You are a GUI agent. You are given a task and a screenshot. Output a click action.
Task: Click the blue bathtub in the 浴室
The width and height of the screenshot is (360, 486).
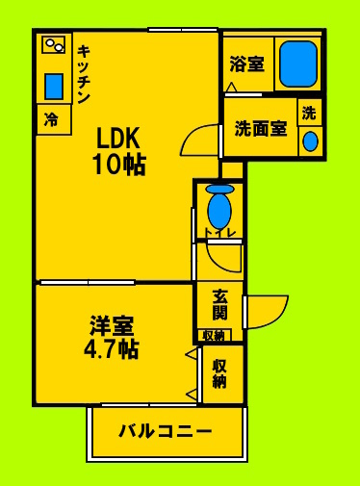point(298,64)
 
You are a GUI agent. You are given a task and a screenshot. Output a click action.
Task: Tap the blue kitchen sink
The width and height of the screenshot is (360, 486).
point(54,87)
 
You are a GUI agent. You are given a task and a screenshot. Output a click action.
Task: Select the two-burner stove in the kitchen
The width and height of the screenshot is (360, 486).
point(54,44)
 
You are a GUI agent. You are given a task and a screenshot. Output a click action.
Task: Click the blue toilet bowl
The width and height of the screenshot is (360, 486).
point(219,207)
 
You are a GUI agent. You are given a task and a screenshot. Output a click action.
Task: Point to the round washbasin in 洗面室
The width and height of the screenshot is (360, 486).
point(310,141)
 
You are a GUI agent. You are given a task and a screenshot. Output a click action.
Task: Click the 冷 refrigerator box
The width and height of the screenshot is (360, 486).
point(54,119)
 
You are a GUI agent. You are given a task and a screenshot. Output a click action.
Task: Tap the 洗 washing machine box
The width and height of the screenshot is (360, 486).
point(309,113)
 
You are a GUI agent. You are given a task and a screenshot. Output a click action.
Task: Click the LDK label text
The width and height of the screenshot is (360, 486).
point(118,138)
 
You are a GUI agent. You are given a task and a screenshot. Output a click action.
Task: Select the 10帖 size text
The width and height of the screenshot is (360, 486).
point(119,165)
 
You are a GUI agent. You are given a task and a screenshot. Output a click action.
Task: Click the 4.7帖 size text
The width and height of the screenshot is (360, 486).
point(112,348)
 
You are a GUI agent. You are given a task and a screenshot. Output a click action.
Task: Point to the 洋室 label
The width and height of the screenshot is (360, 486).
point(112,325)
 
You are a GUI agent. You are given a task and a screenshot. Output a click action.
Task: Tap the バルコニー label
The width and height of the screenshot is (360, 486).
point(166,431)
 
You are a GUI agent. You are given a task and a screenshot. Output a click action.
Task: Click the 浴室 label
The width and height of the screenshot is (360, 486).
point(246,64)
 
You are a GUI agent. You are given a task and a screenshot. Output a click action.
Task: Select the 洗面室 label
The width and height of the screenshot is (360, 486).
point(261,128)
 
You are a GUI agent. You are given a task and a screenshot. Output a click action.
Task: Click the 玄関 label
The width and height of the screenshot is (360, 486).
point(220,304)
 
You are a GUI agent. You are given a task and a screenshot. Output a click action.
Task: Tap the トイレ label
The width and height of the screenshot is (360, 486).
point(220,233)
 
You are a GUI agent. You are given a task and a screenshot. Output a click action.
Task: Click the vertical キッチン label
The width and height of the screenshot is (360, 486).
point(84,74)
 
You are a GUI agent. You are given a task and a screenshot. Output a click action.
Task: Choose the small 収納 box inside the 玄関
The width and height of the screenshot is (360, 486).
point(214,335)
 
